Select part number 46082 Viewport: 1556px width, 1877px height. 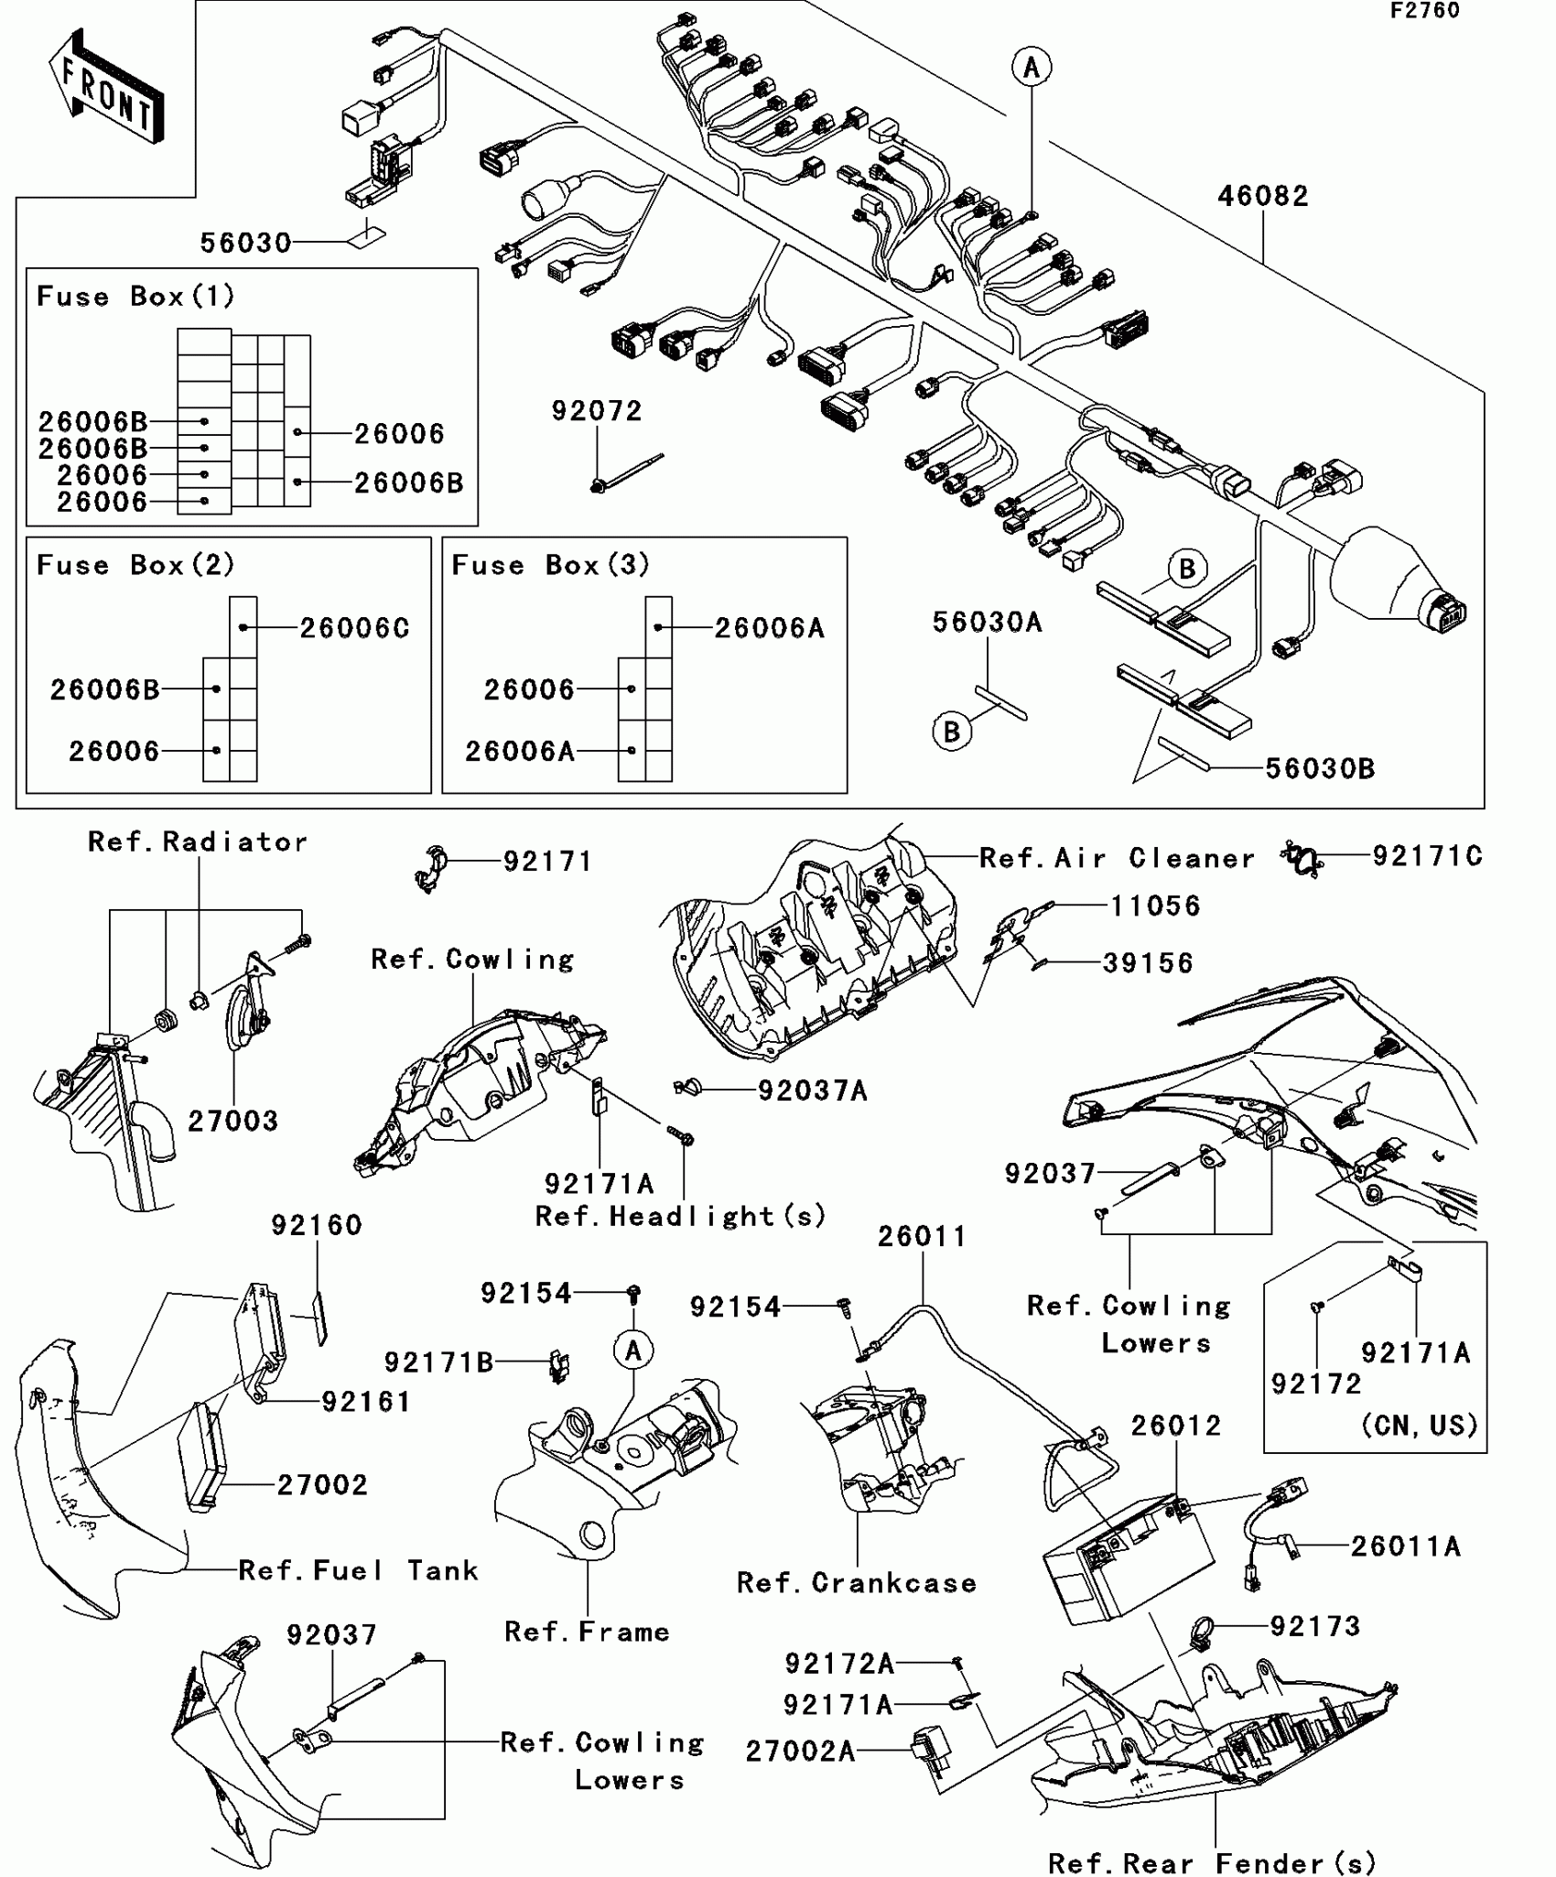(x=1262, y=196)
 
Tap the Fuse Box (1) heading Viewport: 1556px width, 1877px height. (x=135, y=297)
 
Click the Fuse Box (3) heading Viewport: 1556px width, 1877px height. (x=550, y=565)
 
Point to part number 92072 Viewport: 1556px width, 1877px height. (x=597, y=411)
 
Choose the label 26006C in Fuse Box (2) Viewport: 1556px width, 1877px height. (x=355, y=628)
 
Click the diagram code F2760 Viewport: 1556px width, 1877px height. (x=1424, y=11)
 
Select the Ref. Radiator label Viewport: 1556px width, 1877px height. (x=198, y=842)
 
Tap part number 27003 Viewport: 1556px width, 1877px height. (x=232, y=1121)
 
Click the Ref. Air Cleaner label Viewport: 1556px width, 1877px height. (x=1117, y=858)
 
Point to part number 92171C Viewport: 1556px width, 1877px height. (x=1427, y=856)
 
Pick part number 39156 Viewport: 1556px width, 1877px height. (x=1148, y=963)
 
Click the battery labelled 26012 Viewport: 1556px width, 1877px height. (x=1128, y=1557)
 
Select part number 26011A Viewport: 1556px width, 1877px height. (x=1406, y=1546)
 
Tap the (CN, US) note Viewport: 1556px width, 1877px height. (x=1420, y=1426)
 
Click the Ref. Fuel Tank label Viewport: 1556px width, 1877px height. (x=358, y=1570)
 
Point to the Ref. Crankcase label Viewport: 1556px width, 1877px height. (x=857, y=1583)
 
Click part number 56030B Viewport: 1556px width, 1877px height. (x=1320, y=769)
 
